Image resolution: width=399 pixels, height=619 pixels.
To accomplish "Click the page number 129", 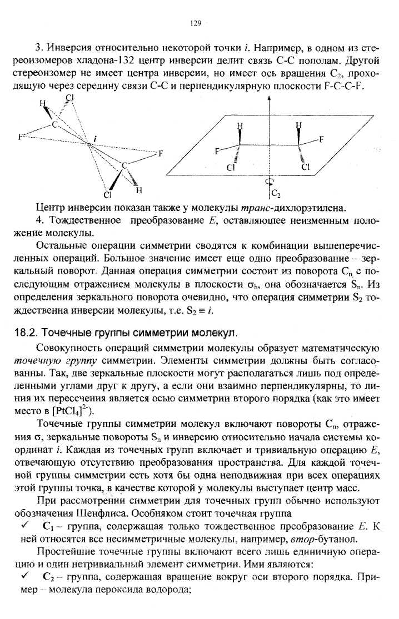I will tap(195, 23).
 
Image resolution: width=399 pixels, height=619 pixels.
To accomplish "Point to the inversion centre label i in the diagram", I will tap(96, 137).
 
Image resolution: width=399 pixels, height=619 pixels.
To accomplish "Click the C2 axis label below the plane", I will tap(276, 194).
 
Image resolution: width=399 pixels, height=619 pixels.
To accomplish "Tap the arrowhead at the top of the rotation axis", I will tap(269, 98).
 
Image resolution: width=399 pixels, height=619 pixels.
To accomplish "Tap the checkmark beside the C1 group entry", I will tap(23, 525).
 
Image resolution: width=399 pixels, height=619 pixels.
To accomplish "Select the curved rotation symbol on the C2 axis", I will tap(269, 181).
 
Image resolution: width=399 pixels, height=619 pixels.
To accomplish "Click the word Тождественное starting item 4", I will tap(84, 221).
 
